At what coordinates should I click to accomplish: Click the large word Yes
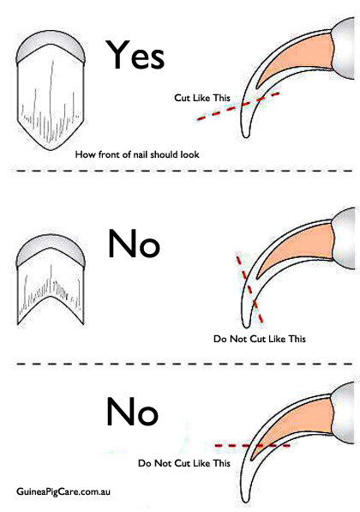pos(135,55)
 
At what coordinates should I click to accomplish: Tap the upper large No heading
pos(135,244)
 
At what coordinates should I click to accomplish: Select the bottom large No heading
pos(133,412)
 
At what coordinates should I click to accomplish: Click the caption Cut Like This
pos(202,98)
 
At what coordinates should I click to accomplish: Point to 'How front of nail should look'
pos(137,154)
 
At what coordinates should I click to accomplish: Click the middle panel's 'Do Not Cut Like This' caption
pos(260,339)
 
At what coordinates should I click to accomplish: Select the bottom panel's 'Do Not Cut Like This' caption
pos(184,463)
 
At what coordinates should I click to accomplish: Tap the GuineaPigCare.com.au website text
pos(63,491)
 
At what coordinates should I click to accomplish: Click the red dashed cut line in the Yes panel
pos(238,106)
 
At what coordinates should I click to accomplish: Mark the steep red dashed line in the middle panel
pos(249,289)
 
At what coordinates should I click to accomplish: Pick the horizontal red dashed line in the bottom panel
pos(253,445)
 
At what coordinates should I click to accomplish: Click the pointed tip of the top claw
pos(246,136)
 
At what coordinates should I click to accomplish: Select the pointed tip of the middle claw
pos(246,326)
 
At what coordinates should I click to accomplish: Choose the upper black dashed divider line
pos(183,171)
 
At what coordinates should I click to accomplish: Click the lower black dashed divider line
pos(184,364)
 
